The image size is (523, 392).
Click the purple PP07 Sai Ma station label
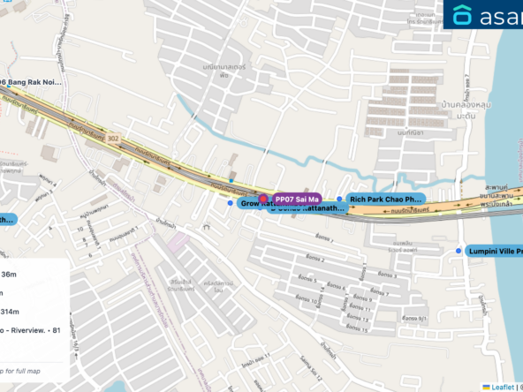tap(297, 200)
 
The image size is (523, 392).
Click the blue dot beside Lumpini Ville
tap(459, 252)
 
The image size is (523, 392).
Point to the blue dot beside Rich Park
tap(339, 200)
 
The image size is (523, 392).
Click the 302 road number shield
tap(113, 138)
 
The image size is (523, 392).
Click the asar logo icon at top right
tap(463, 15)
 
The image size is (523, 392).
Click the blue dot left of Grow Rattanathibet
tap(231, 203)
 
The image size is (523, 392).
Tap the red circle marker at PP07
tap(262, 198)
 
